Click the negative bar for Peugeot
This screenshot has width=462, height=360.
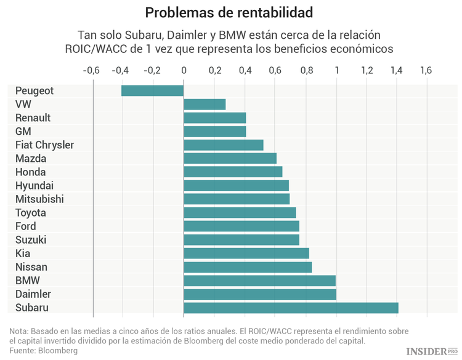(x=153, y=91)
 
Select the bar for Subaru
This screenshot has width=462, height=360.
(x=291, y=308)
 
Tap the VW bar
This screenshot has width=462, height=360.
(x=205, y=105)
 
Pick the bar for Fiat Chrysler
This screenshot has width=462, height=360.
(x=224, y=145)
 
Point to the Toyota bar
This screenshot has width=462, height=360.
(x=240, y=213)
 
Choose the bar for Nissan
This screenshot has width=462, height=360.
(x=248, y=267)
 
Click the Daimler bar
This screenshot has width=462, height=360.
(x=260, y=294)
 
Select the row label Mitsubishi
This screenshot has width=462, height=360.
(x=39, y=199)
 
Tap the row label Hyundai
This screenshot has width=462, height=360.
(x=34, y=186)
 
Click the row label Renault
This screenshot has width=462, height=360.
(x=33, y=118)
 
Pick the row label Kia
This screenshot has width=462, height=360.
(x=23, y=254)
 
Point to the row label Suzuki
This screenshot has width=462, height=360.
(x=31, y=240)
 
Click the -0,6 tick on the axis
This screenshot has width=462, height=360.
(x=91, y=70)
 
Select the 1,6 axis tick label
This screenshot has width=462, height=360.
(x=426, y=70)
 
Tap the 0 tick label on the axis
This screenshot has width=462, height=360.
(x=184, y=70)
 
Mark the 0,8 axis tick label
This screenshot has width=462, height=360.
(x=305, y=70)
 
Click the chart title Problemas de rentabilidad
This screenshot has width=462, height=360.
(x=229, y=12)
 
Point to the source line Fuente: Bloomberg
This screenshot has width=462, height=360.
(x=43, y=351)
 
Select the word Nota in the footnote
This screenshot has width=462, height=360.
(x=19, y=330)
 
